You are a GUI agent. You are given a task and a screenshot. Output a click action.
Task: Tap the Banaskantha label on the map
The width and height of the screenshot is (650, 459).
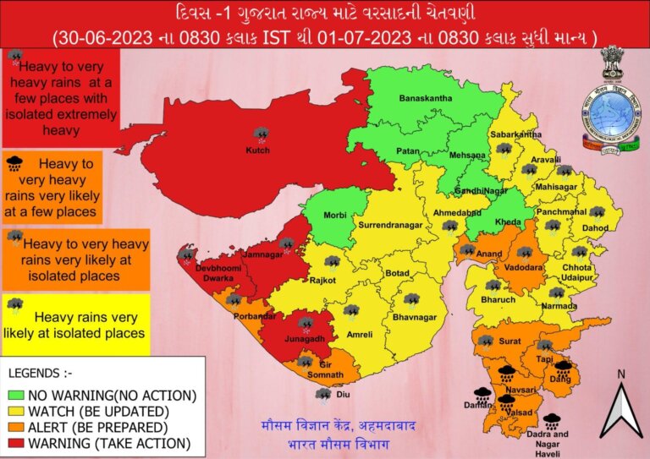(425, 98)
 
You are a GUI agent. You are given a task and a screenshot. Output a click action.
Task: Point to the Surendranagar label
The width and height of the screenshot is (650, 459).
(388, 227)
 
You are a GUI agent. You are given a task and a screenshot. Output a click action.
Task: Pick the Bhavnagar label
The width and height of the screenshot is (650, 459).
(415, 317)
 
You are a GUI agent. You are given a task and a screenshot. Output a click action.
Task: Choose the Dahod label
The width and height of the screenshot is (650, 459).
(595, 228)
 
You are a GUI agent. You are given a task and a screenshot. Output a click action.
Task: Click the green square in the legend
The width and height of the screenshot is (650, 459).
(16, 395)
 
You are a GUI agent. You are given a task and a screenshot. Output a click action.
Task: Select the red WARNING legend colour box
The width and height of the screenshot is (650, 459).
(16, 443)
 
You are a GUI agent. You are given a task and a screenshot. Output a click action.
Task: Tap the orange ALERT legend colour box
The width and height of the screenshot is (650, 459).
(16, 427)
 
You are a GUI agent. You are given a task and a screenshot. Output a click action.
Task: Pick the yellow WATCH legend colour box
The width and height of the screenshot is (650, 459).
(16, 411)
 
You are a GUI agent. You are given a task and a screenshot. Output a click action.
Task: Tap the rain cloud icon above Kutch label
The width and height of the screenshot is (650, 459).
(262, 134)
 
